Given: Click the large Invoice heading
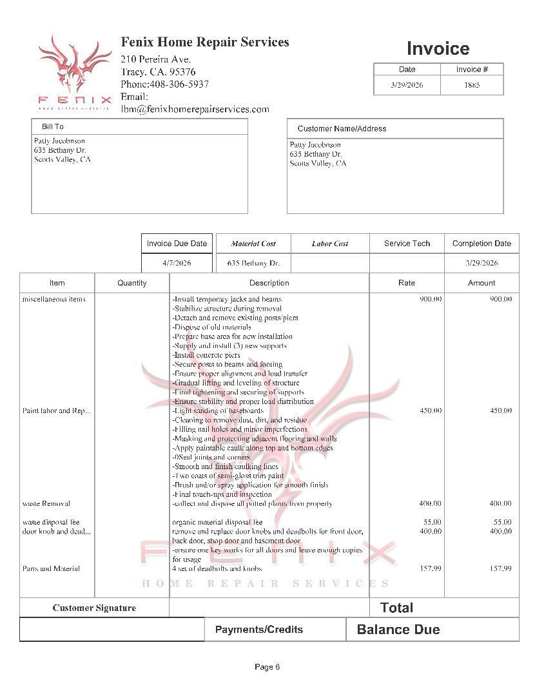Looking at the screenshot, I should pos(438,48).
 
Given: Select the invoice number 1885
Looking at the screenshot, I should pos(472,85).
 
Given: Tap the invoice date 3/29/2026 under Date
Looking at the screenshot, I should pos(407,85).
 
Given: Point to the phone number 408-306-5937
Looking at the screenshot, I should pos(179,84).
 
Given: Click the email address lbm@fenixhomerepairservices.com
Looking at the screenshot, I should pos(195,109).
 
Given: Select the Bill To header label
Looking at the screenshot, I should pos(53,127).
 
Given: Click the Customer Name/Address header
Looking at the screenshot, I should pos(342,128).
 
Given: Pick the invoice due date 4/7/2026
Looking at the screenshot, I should pos(177,263).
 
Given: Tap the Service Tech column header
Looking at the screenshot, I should pos(407,244).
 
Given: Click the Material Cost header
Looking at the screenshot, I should pos(253,244).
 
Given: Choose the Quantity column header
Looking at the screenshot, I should pos(132,283).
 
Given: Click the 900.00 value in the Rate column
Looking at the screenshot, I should pos(431,299).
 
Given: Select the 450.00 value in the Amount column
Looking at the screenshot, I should pos(500,411).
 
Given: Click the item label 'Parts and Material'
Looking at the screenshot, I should pos(51,568).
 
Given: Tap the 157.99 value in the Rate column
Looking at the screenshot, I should pos(430,568).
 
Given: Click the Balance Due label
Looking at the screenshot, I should pos(398,630).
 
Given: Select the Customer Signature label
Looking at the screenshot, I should pos(94,608).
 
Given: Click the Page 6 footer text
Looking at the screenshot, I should pos(267,667).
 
